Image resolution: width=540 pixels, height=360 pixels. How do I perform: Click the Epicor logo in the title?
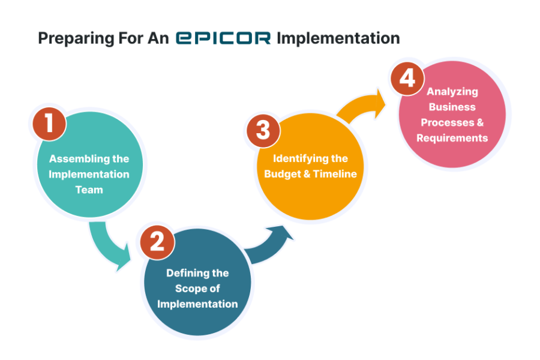pos(223,38)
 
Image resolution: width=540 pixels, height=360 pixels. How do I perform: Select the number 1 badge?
pos(49,124)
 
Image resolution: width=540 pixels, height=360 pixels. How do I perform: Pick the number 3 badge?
pos(263,130)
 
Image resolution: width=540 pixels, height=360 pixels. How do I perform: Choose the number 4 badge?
pos(408,78)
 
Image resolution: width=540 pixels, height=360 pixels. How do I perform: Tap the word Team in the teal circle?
pos(89,190)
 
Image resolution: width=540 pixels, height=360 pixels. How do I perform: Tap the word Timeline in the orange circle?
pos(335,174)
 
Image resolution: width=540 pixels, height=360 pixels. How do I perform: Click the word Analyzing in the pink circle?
pos(452,92)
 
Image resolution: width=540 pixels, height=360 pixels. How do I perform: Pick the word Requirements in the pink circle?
pos(452,138)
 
